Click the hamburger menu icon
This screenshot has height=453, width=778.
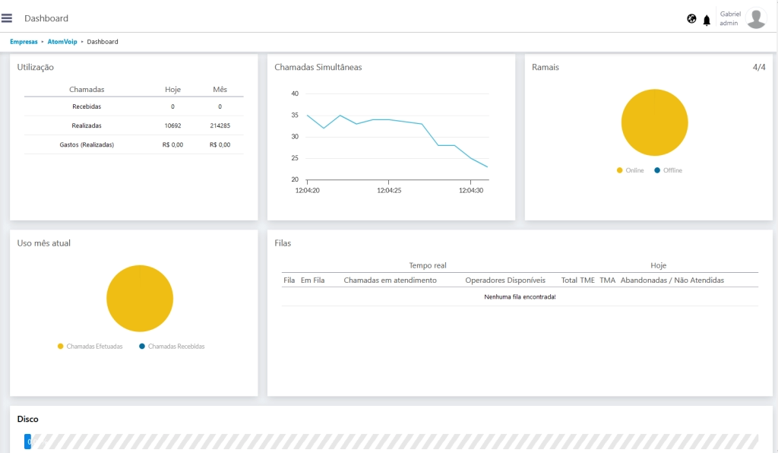pos(7,18)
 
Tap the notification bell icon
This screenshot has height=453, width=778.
pos(707,20)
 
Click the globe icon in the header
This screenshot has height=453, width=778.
pos(691,19)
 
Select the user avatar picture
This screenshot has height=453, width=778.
pos(756,18)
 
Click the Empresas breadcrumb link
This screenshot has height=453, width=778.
pos(24,42)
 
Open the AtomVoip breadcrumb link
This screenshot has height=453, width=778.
pos(62,42)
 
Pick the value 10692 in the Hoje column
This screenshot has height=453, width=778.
pos(172,125)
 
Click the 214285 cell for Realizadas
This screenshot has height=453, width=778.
pos(220,125)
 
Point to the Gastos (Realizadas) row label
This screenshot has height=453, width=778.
pos(87,144)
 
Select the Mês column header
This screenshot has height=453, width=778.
pos(220,90)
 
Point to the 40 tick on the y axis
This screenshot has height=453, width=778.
pos(295,93)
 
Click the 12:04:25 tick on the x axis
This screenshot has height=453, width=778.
pos(389,191)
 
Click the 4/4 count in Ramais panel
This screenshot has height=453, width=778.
pos(759,67)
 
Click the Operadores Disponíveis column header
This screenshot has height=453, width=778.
pos(505,280)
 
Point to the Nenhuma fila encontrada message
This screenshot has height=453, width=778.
pos(520,296)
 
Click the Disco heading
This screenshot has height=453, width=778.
pos(28,419)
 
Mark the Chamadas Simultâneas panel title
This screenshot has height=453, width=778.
pos(318,67)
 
